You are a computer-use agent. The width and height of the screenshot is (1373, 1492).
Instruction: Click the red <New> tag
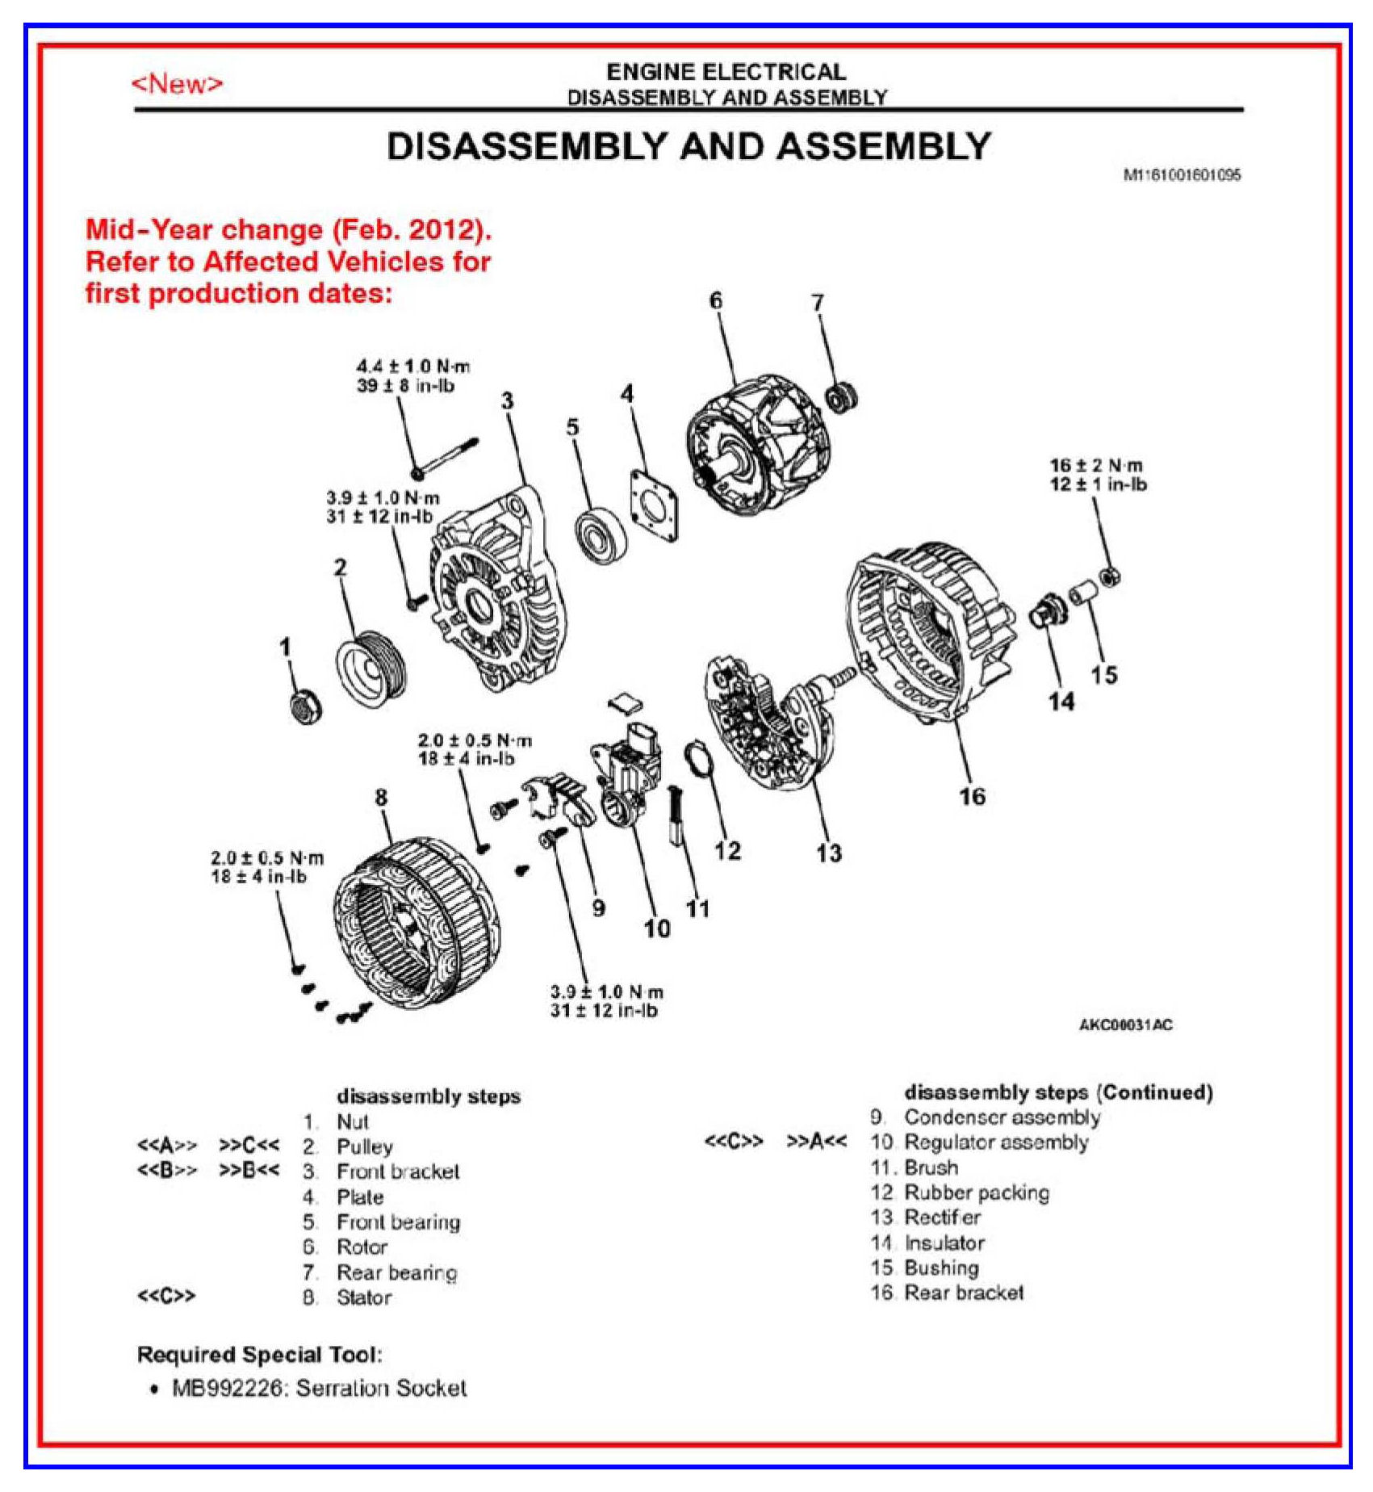point(177,83)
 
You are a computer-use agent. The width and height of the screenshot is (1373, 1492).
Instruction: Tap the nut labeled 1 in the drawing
point(305,708)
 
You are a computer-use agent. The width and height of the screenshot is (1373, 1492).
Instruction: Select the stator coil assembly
point(417,922)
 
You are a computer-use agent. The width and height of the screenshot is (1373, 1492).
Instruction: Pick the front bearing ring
point(602,536)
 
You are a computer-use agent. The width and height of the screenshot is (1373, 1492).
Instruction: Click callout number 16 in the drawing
point(972,797)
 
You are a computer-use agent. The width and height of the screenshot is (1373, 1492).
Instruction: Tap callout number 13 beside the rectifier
point(829,853)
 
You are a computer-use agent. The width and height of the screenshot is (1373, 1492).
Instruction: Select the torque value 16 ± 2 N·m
point(1096,466)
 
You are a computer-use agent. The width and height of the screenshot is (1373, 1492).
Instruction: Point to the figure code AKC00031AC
point(1125,1025)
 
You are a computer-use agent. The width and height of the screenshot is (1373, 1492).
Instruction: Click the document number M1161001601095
point(1182,174)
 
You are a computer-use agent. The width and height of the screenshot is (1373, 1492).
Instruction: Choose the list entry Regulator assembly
point(996,1142)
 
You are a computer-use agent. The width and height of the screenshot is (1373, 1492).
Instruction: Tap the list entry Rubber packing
point(977,1192)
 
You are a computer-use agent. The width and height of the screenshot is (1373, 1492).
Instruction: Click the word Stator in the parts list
point(364,1297)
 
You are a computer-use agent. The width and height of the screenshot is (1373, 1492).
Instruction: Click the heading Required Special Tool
point(259,1354)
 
